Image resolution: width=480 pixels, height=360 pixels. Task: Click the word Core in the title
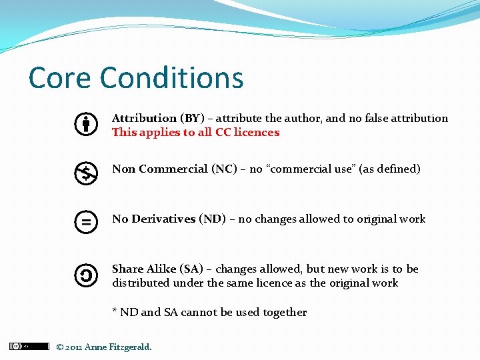click(60, 78)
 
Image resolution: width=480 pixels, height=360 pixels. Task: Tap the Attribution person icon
click(86, 125)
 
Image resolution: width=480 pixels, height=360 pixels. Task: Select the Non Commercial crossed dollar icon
click(86, 173)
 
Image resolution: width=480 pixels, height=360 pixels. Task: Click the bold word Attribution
click(144, 118)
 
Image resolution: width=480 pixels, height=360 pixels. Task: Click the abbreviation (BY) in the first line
click(192, 118)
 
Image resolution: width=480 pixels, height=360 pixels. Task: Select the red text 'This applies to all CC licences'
click(195, 132)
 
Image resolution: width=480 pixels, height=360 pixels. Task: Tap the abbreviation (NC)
click(224, 169)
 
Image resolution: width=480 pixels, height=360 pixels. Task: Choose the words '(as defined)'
click(390, 169)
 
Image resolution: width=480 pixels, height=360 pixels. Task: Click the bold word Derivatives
click(163, 219)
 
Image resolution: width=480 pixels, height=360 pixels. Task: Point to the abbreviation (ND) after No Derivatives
click(212, 219)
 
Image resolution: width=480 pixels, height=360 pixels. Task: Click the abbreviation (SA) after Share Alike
click(191, 269)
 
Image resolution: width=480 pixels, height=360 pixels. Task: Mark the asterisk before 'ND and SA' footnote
click(115, 311)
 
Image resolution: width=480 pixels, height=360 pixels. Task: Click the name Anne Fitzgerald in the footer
click(118, 347)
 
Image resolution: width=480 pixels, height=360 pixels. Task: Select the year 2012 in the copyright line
click(73, 347)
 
